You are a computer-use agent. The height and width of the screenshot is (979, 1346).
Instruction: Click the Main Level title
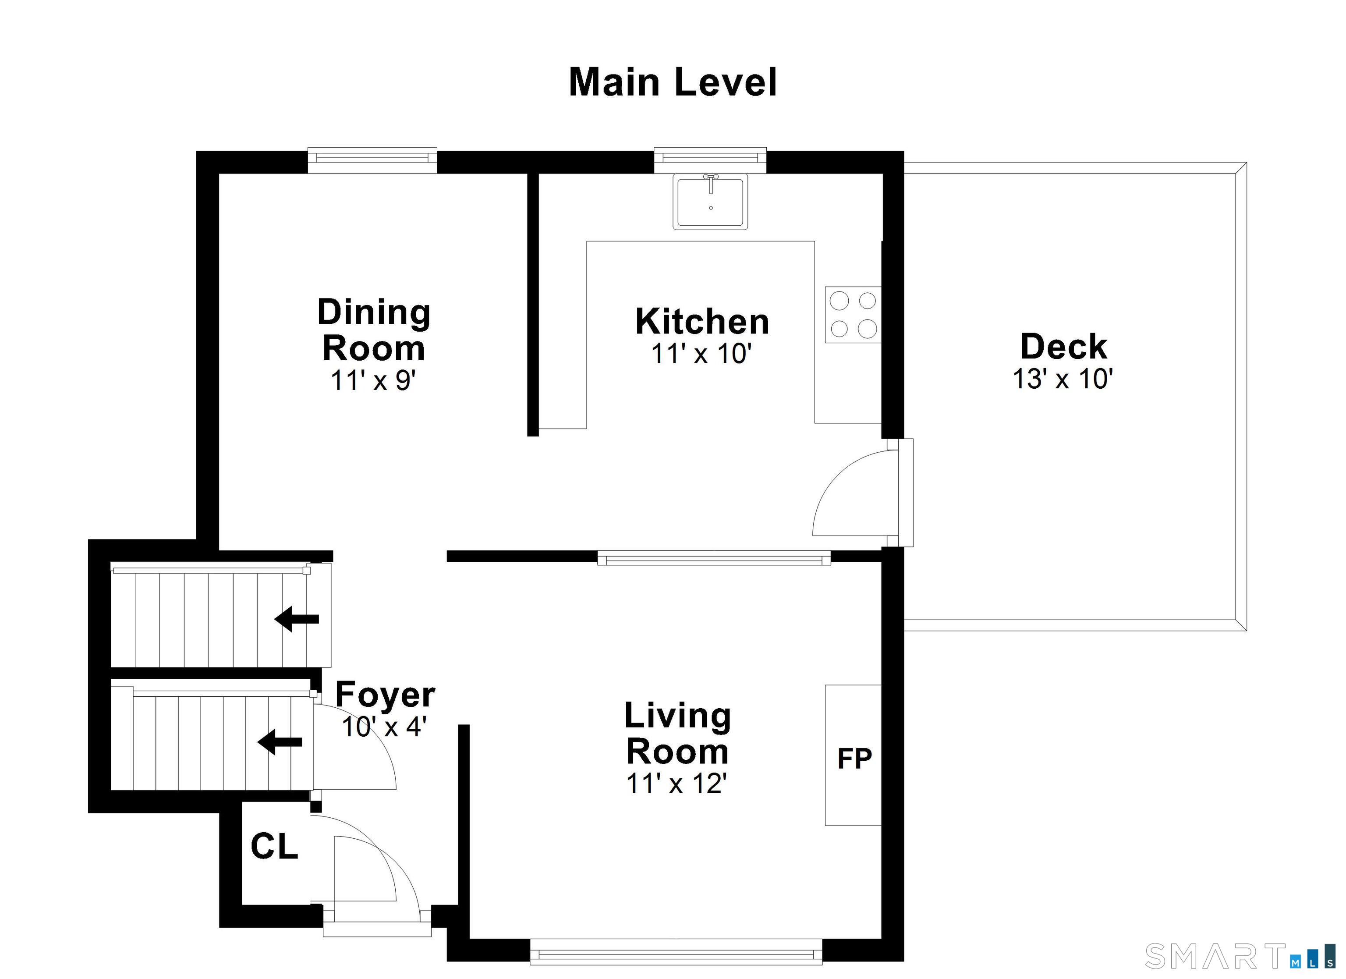(673, 82)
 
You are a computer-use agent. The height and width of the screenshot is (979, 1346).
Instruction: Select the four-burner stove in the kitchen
(853, 315)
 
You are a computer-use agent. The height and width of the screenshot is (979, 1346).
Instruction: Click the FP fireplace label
(854, 758)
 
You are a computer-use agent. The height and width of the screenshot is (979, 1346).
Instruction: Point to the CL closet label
(274, 846)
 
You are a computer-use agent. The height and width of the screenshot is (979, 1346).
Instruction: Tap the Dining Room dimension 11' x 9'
(373, 380)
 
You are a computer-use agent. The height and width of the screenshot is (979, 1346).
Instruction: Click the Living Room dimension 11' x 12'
(677, 784)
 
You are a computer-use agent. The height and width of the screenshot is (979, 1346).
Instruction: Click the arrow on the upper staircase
(297, 619)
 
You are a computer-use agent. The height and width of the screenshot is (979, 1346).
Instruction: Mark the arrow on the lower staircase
(280, 742)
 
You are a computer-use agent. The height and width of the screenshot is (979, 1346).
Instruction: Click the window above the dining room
(372, 160)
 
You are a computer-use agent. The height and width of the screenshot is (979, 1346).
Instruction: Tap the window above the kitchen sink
(710, 160)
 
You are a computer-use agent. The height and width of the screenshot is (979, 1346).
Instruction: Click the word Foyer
(385, 695)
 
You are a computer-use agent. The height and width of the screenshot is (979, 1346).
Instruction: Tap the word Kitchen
(702, 322)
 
